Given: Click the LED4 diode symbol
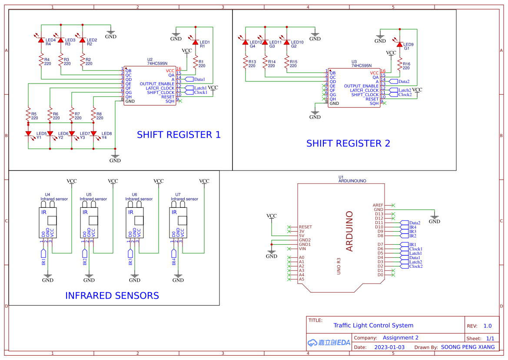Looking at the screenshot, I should click(41, 40).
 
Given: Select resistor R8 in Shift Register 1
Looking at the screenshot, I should click(93, 116).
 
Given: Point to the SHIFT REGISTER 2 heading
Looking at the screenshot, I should click(348, 143).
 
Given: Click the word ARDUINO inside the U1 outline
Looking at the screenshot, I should click(349, 231).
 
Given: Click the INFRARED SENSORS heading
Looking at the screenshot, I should click(112, 296).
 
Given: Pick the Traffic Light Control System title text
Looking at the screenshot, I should click(373, 325).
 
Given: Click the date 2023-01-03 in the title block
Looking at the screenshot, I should click(389, 347).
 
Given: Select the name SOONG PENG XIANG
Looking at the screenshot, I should click(468, 347).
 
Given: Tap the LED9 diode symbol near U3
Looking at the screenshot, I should click(399, 44).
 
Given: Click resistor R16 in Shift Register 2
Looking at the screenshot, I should click(399, 66).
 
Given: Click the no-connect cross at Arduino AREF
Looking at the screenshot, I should click(393, 205).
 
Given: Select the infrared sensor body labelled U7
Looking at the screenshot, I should click(178, 222).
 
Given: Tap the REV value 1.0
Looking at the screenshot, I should click(487, 326).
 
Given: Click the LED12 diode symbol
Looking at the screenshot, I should click(245, 42).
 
